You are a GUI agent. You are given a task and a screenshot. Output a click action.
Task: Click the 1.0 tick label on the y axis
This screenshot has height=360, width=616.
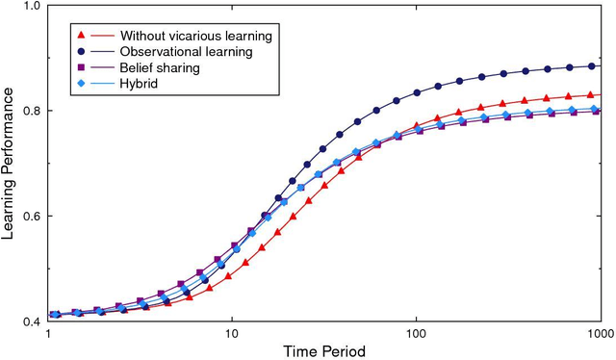coord(32,7)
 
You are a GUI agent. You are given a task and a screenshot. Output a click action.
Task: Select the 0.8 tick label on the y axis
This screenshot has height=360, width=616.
coord(32,111)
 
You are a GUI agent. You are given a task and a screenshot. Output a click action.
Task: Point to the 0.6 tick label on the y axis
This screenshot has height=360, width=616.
coord(32,216)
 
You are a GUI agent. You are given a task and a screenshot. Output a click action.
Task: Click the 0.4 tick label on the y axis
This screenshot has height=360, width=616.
coord(32,321)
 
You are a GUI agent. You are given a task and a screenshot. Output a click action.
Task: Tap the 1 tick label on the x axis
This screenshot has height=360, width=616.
coord(48,332)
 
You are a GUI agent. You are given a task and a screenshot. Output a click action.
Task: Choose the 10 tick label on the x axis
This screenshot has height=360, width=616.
coord(231,332)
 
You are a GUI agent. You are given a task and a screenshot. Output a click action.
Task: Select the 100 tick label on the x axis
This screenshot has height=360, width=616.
coord(415,332)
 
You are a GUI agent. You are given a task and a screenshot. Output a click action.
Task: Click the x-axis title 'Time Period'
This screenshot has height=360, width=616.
coord(323,351)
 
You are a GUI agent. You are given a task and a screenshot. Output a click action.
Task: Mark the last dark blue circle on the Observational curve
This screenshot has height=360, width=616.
coord(592,66)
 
